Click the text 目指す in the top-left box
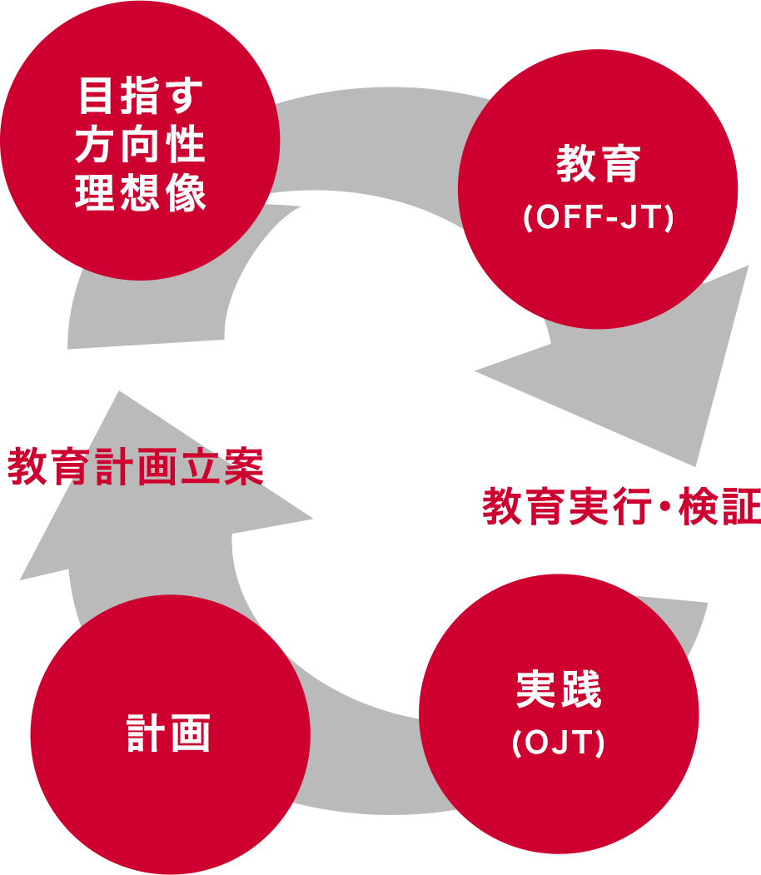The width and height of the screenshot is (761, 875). pyautogui.click(x=140, y=97)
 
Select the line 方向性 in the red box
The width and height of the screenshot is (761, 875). pyautogui.click(x=140, y=145)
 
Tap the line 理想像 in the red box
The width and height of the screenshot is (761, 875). pyautogui.click(x=140, y=193)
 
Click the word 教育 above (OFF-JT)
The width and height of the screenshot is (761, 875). pyautogui.click(x=598, y=164)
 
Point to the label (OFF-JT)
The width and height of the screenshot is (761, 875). pyautogui.click(x=598, y=217)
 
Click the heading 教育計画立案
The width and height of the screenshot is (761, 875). pyautogui.click(x=136, y=467)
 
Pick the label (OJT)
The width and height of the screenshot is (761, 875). pyautogui.click(x=559, y=743)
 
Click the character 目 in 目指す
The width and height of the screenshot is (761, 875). pyautogui.click(x=96, y=97)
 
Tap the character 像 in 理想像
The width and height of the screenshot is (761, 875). pyautogui.click(x=186, y=193)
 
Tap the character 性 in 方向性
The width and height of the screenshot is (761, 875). pyautogui.click(x=186, y=145)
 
